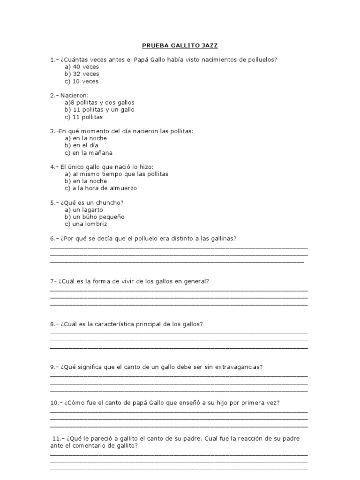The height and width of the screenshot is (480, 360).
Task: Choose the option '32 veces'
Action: tap(82, 74)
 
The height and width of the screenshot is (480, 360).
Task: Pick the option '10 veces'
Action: tap(82, 81)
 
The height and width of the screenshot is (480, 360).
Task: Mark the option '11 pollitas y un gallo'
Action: tap(99, 110)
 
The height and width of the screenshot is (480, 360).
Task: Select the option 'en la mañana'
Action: tap(89, 152)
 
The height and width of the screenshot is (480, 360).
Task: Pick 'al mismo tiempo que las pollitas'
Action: tap(116, 174)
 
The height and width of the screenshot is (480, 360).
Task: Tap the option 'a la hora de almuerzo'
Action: tap(101, 188)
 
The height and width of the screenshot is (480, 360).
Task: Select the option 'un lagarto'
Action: tap(84, 210)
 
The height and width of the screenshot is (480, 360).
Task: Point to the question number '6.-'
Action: tap(54, 239)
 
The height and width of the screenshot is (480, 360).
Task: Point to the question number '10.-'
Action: tap(56, 402)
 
